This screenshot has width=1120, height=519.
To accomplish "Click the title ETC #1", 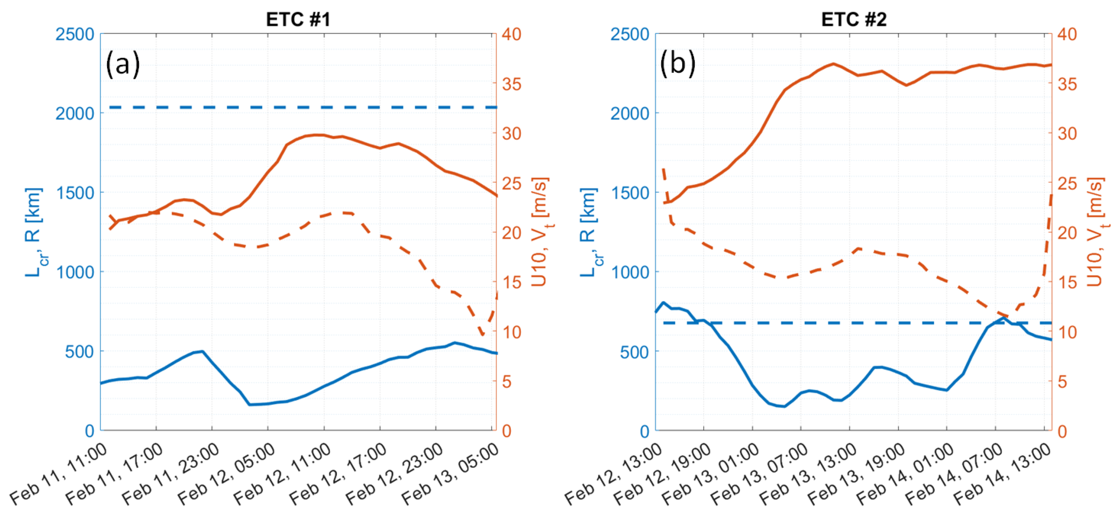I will (298, 19).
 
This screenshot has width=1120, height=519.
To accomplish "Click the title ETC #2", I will (854, 19).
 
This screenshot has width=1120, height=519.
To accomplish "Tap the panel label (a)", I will (123, 64).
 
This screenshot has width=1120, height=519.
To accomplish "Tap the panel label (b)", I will (677, 64).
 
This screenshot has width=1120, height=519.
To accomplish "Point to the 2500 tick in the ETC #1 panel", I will (74, 34).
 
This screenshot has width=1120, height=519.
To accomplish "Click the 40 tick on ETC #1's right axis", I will (512, 34).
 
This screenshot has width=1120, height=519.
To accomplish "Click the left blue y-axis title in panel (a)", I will (34, 233).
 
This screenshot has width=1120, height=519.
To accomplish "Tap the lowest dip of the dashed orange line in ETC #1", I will (483, 335).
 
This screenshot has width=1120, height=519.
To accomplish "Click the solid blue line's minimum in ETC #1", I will (250, 405).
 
